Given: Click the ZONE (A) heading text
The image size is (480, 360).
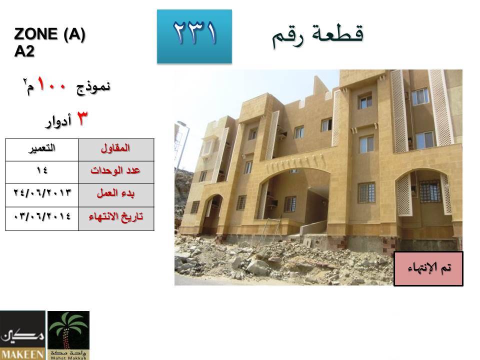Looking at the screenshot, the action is tap(49, 33).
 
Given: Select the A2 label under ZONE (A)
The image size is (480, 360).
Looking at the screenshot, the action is tap(24, 51).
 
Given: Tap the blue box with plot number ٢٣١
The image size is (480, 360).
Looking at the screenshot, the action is tap(194, 36).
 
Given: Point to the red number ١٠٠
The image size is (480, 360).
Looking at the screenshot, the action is tap(51, 84).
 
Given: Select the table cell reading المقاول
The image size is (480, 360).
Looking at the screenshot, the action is tap(116, 150).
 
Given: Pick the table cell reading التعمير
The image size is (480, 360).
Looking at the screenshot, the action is tap(42, 150).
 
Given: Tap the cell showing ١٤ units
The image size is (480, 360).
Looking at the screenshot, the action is tap(42, 172).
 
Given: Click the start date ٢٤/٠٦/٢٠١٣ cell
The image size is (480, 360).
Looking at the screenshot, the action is tap(42, 195).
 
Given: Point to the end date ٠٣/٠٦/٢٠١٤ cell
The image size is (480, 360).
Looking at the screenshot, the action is tap(42, 218).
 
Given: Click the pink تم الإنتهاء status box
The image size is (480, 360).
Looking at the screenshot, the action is tap(428, 269).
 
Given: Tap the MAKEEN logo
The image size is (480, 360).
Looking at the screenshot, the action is tap(22, 335).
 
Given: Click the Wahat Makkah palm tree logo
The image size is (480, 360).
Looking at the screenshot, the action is tap(68, 335).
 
